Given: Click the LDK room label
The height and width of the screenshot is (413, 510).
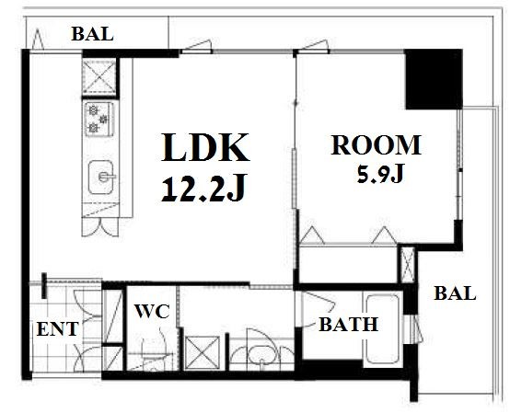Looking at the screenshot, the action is [205, 147].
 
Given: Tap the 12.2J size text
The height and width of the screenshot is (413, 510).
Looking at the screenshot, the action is [203, 189].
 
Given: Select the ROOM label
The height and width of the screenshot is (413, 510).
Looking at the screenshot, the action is [377, 145].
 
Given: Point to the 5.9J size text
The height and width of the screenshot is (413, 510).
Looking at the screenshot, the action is [380, 174].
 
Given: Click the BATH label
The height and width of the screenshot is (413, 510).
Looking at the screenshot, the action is [348, 325].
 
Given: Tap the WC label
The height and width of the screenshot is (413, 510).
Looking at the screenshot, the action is [152, 311].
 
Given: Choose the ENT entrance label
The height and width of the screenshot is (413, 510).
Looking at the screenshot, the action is [58, 329].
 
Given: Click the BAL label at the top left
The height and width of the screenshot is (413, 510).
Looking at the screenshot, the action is [92, 34].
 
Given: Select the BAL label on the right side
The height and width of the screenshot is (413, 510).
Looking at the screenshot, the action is [455, 293].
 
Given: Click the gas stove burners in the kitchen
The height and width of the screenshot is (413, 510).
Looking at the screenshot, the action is [99, 119].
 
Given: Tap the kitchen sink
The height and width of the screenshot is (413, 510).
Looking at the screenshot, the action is [101, 178].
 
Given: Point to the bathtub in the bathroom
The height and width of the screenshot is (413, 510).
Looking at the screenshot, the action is [383, 328].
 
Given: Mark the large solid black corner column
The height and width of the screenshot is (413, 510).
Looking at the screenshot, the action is [434, 79].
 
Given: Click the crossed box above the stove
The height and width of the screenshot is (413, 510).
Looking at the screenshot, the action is [99, 76].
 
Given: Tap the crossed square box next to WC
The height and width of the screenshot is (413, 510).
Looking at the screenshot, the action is [202, 353].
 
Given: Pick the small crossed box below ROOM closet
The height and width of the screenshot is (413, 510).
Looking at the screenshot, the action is [408, 265].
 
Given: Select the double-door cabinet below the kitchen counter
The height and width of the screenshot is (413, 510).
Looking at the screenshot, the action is [99, 227].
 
